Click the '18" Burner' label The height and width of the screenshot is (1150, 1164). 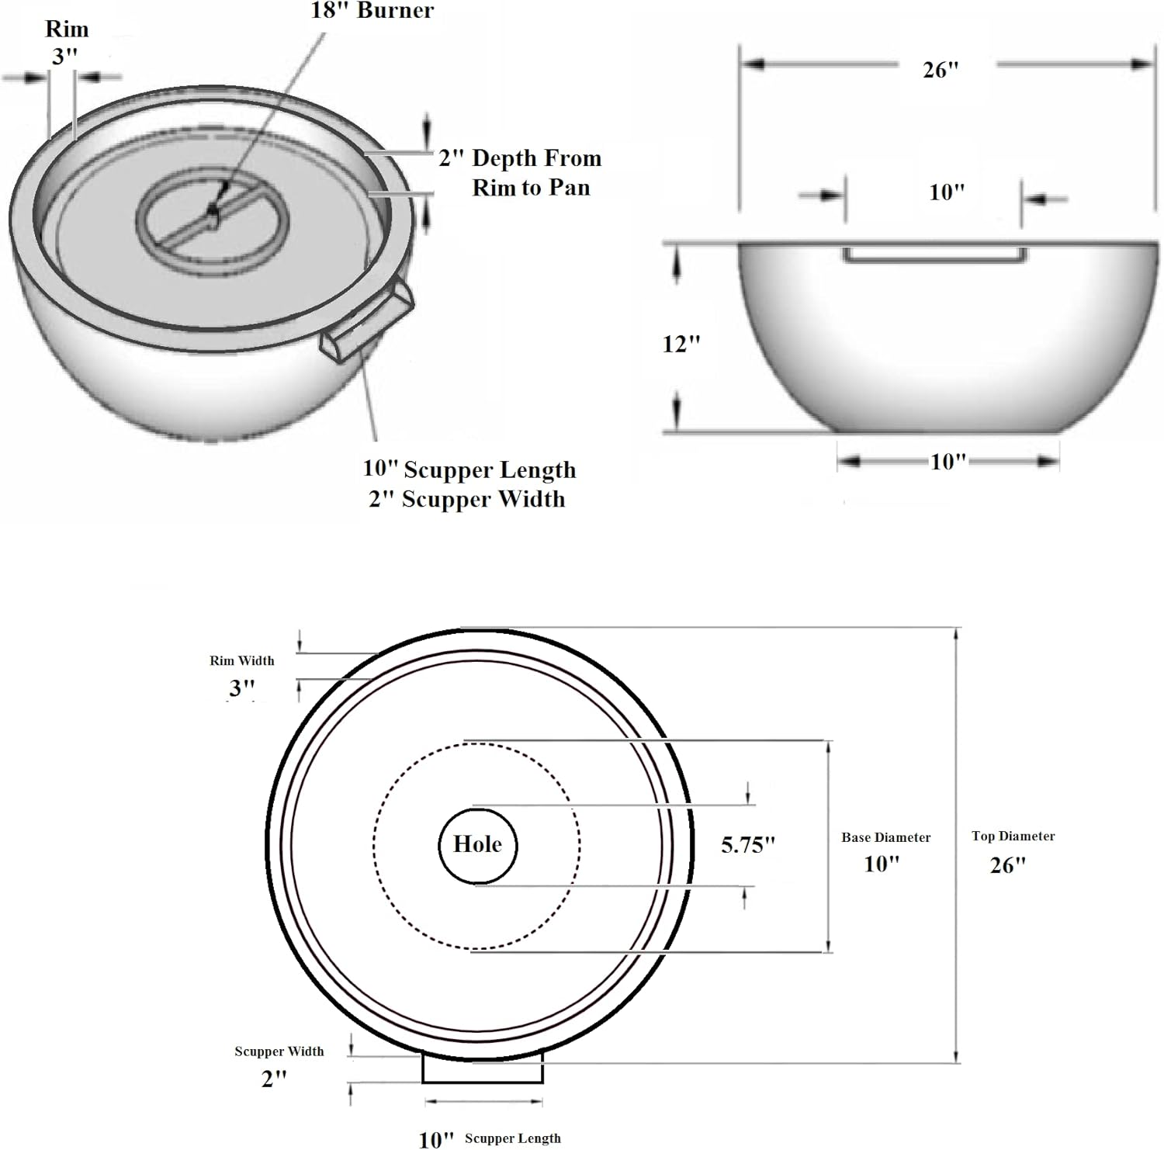pos(372,11)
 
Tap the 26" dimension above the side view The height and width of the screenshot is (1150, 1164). pos(941,70)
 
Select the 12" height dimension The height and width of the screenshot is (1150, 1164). pos(681,343)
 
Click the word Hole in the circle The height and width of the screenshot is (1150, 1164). pos(477,844)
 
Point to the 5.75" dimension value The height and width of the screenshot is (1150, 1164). pos(747,845)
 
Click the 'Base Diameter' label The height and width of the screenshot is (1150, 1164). pos(885,837)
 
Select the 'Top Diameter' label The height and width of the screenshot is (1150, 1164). pos(1013,836)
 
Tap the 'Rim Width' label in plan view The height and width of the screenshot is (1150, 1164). pos(241,660)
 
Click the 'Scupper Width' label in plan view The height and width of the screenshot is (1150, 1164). pos(279,1051)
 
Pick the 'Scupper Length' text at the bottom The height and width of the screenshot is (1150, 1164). pos(512,1138)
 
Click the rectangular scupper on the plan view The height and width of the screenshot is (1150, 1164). pos(482,1072)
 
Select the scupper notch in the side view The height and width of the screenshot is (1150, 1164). pos(935,255)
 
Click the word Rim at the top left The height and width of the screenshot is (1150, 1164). pos(67,29)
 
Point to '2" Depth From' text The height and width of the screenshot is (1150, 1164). pos(520,158)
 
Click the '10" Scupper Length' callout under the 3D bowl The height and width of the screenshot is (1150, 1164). pos(469,469)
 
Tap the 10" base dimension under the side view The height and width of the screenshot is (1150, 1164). pos(947,462)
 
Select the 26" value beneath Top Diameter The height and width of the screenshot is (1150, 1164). pos(1007,864)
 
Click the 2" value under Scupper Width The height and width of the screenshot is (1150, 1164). pos(273,1079)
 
